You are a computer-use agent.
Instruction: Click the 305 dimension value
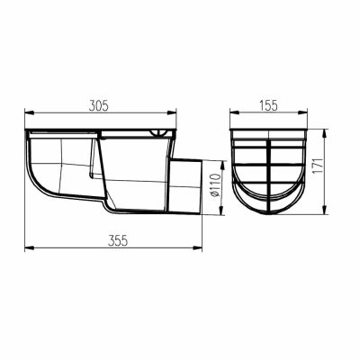(98, 106)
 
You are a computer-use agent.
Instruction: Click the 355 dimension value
(118, 241)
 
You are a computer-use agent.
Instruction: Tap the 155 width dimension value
(268, 106)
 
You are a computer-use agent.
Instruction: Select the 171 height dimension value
(319, 165)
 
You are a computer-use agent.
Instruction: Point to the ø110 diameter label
(216, 184)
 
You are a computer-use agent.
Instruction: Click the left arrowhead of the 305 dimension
(29, 112)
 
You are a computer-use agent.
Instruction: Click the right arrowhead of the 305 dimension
(172, 112)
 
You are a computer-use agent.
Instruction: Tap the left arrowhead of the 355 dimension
(29, 247)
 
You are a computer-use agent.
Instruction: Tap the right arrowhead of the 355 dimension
(197, 247)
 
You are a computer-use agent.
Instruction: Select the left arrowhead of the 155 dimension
(235, 112)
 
